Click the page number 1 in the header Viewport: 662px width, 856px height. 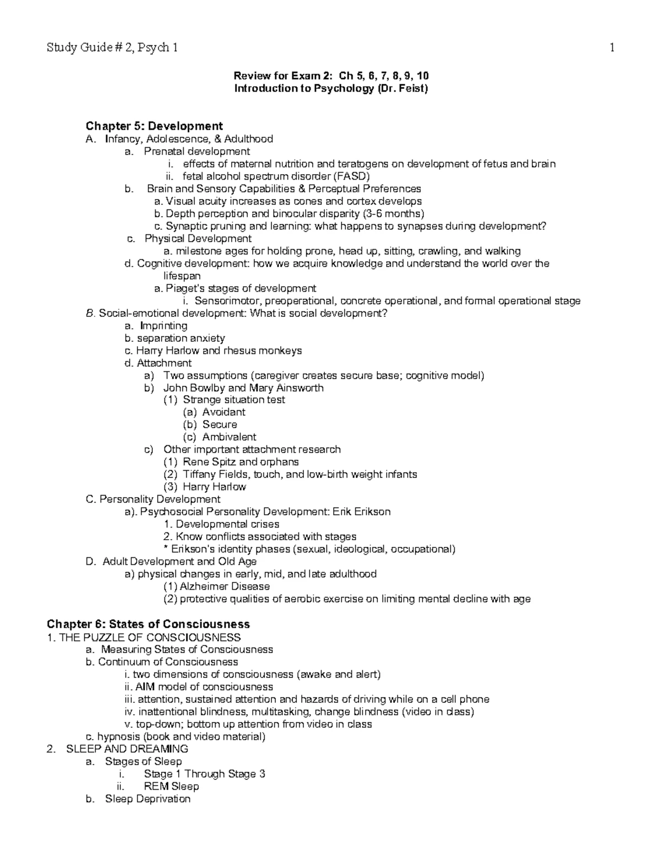pos(612,48)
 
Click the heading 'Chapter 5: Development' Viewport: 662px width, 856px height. pos(154,126)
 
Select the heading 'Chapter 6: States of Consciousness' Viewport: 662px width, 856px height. pos(148,624)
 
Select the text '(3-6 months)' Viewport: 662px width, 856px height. pos(394,214)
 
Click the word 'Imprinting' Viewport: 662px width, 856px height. pos(164,326)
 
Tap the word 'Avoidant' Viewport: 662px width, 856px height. pos(223,412)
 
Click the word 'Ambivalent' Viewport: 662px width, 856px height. pos(229,437)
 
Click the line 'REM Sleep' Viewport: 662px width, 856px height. pos(171,787)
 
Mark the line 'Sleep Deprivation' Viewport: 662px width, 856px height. pos(147,799)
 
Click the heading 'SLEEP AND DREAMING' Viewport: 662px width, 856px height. pos(127,749)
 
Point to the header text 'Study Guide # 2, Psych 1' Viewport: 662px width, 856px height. pos(113,48)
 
